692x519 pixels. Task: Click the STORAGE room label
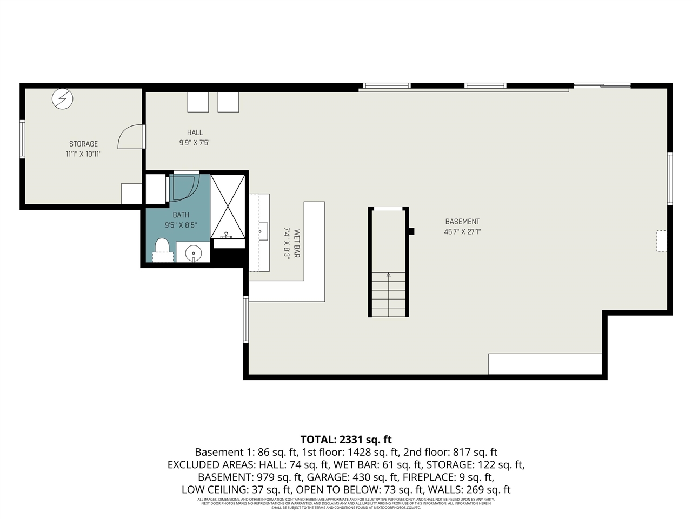pyautogui.click(x=83, y=144)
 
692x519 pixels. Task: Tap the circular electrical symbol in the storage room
pyautogui.click(x=62, y=99)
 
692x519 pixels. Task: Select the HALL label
pyautogui.click(x=195, y=132)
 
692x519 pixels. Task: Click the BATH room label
pyautogui.click(x=181, y=215)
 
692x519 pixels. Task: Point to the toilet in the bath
pyautogui.click(x=162, y=250)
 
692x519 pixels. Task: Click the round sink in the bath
pyautogui.click(x=193, y=253)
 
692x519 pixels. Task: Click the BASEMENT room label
pyautogui.click(x=462, y=222)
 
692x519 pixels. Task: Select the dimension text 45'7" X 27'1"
pyautogui.click(x=462, y=232)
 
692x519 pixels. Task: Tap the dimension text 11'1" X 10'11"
pyautogui.click(x=83, y=154)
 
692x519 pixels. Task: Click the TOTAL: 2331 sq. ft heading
pyautogui.click(x=345, y=440)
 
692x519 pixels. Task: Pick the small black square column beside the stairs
pyautogui.click(x=411, y=231)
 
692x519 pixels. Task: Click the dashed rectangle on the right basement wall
pyautogui.click(x=661, y=241)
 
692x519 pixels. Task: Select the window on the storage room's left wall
pyautogui.click(x=22, y=139)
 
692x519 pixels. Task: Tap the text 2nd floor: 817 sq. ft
pyautogui.click(x=450, y=453)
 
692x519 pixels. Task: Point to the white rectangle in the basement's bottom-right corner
pyautogui.click(x=545, y=364)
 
